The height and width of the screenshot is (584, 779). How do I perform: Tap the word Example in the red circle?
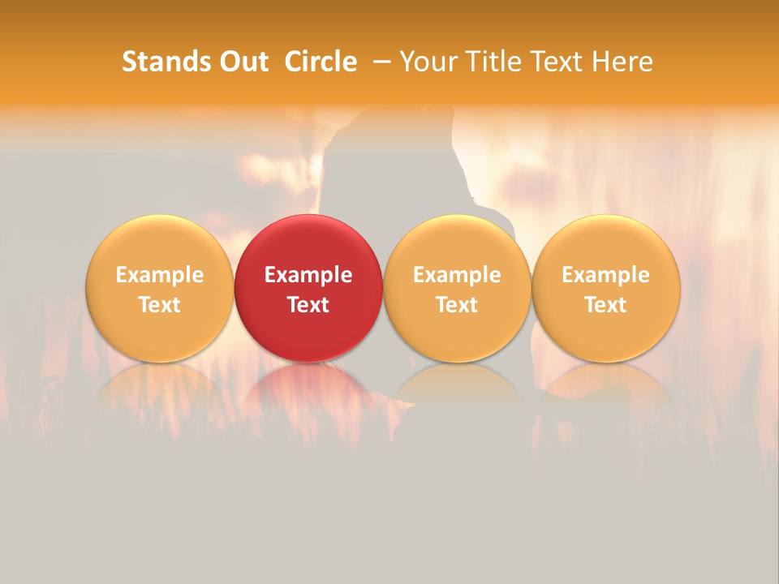pos(308,275)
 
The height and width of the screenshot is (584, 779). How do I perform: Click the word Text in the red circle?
pos(308,305)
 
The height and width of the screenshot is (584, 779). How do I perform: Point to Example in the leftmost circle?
pos(160,275)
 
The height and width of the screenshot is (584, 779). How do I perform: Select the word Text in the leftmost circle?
pos(160,305)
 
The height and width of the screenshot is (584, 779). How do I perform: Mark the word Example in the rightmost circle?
pos(605,275)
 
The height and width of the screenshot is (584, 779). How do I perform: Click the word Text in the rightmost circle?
pos(605,305)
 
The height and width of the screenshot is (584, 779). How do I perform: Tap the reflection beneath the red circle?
pos(308,393)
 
